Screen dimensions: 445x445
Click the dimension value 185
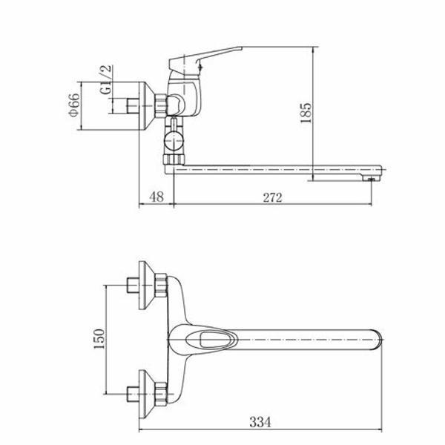coord(306,113)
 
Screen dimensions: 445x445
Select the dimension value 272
coord(272,197)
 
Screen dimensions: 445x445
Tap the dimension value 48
coord(156,197)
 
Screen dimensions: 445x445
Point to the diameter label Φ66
coord(74,105)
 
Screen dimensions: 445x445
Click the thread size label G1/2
coord(106,80)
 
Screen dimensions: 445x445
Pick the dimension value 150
coord(99,339)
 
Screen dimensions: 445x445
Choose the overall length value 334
coord(260,422)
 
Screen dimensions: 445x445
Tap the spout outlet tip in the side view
coord(372,179)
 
